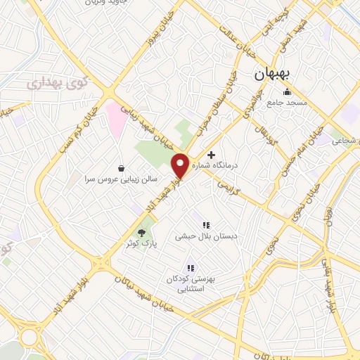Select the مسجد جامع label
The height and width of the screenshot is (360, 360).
[287, 103]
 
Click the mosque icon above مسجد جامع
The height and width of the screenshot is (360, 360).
[287, 92]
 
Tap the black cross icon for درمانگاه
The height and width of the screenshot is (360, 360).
[211, 154]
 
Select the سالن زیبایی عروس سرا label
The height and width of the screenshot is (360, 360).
[122, 179]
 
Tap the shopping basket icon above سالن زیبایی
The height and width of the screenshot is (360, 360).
[122, 168]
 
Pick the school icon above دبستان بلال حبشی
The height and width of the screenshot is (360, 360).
[206, 225]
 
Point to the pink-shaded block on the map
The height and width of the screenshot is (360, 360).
[116, 118]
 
